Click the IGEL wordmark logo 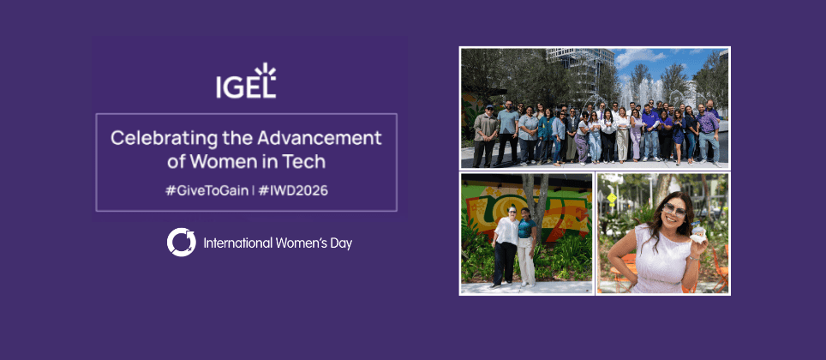click(x=246, y=81)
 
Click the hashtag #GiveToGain click(x=206, y=190)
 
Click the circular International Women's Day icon click(x=181, y=243)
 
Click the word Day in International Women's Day click(x=340, y=244)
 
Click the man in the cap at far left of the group click(x=484, y=135)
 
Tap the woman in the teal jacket click(x=545, y=135)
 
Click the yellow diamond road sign click(x=612, y=198)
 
